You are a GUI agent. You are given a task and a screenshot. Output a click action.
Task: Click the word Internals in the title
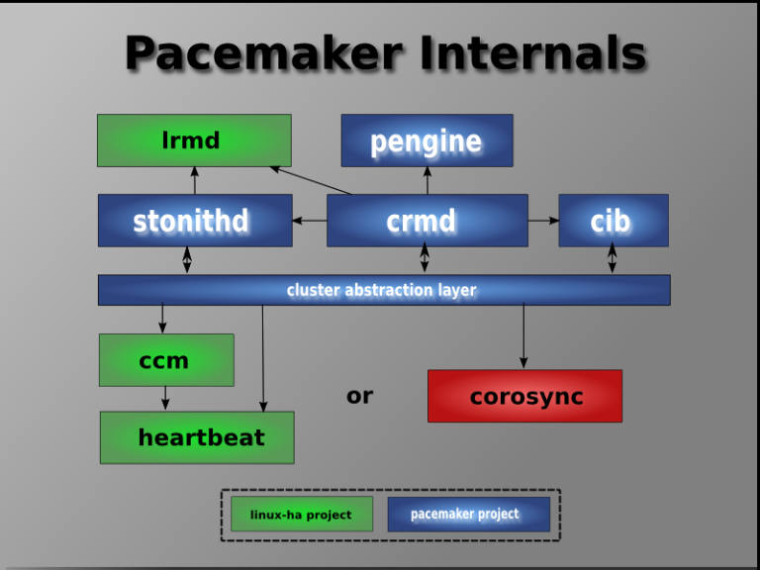532,54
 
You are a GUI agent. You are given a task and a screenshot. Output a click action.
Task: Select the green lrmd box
194,141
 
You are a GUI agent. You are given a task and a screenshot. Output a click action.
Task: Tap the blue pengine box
427,141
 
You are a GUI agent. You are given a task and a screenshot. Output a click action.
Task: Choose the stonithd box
194,220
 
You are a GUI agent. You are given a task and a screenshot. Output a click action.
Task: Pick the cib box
613,220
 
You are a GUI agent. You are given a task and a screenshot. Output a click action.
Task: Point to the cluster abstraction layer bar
383,290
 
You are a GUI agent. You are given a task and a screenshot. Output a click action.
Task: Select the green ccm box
166,360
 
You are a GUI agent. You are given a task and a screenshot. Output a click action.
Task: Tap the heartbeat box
197,437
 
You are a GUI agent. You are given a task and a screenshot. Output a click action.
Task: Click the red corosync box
524,396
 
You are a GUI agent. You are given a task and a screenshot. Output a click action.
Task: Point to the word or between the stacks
359,396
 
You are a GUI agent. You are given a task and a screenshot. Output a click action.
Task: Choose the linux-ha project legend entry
301,515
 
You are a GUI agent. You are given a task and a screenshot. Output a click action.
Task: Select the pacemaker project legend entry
468,515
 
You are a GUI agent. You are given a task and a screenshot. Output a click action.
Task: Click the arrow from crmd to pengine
427,180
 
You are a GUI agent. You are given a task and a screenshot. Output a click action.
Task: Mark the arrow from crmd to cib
542,220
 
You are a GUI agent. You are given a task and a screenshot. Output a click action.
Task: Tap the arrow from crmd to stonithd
310,220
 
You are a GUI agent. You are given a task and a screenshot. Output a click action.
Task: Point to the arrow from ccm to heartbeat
165,398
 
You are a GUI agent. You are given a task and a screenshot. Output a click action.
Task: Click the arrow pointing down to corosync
523,336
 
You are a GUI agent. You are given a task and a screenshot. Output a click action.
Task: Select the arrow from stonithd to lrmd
194,180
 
